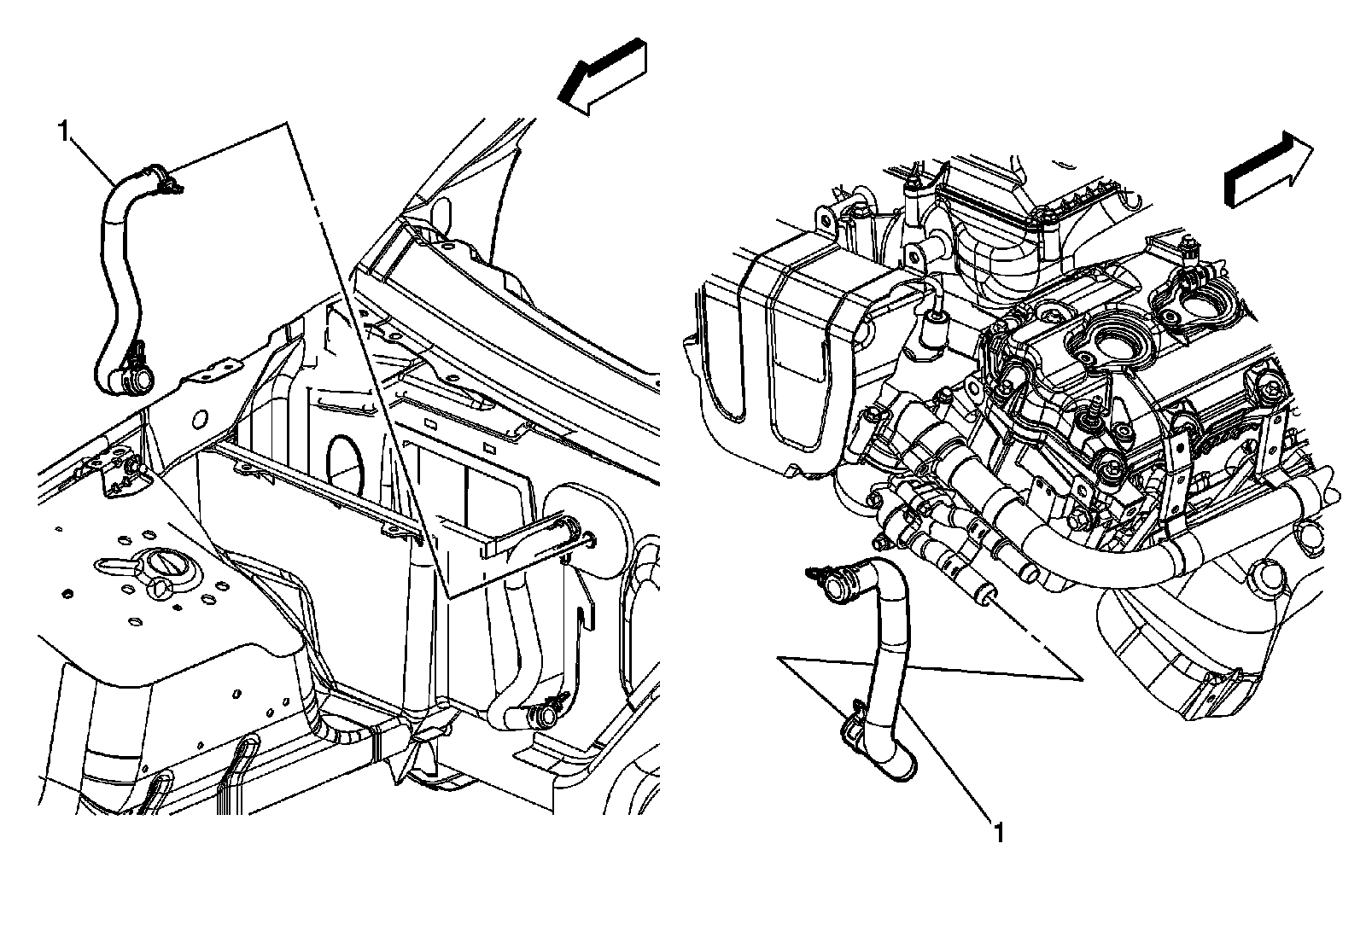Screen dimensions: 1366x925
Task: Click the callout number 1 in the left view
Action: click(62, 132)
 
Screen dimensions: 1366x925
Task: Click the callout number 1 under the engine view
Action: click(997, 831)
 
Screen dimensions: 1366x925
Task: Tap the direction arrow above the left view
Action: click(602, 76)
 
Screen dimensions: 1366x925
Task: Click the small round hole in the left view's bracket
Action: click(201, 419)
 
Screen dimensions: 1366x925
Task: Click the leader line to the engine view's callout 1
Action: click(948, 764)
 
